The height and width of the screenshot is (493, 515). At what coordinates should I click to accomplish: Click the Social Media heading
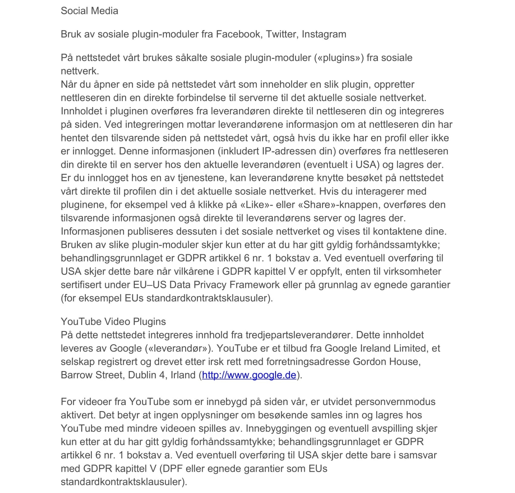coord(89,11)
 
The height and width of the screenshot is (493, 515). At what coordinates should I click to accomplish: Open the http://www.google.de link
coord(249,375)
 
